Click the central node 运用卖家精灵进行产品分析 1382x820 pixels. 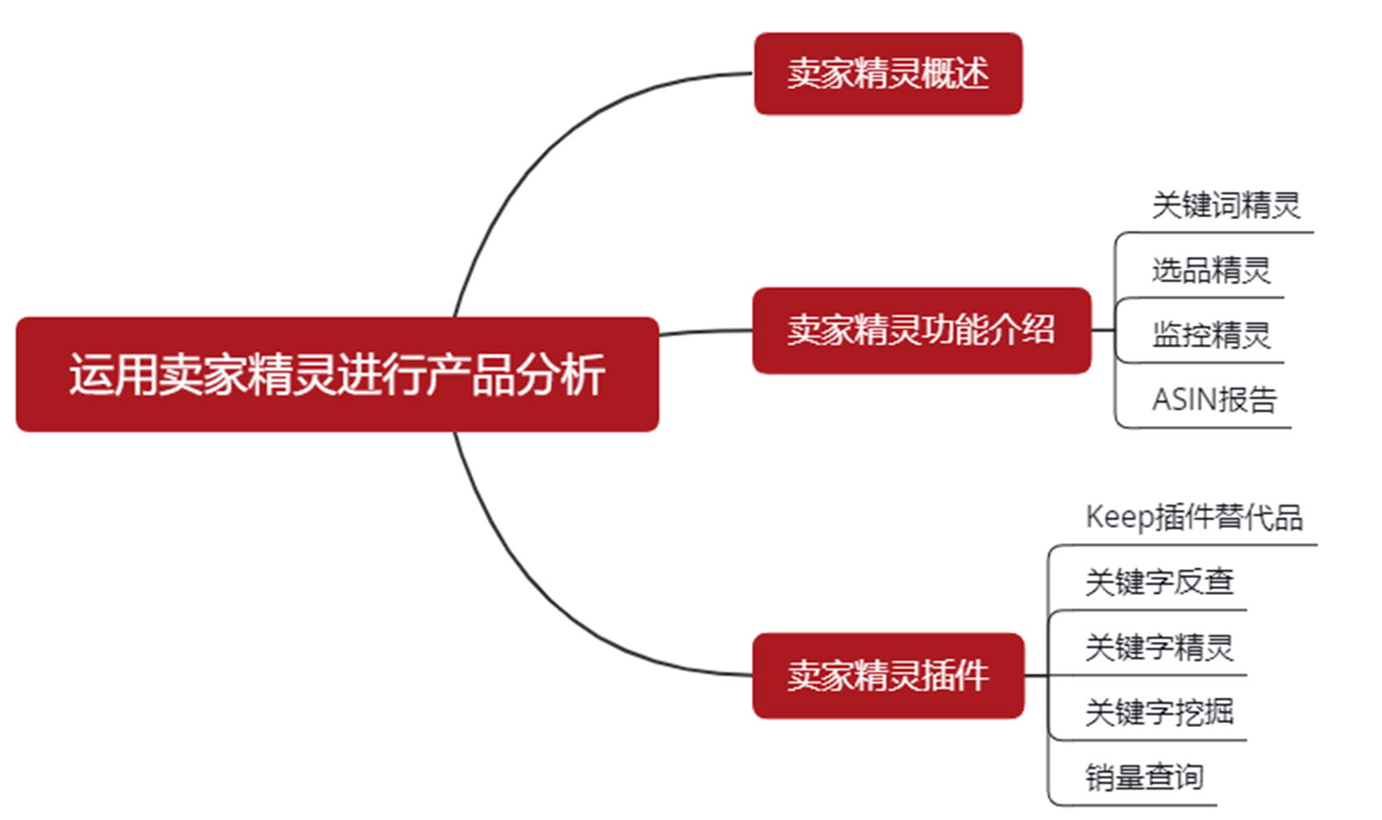337,374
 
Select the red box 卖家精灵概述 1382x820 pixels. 887,74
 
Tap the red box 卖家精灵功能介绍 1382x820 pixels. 921,330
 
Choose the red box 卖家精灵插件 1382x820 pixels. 887,675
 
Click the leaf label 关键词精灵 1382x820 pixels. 1225,205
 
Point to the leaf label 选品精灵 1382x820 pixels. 1210,270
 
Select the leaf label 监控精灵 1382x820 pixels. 1210,335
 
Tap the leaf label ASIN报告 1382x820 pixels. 1214,400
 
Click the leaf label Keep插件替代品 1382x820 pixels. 1194,517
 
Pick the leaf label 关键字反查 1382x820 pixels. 1159,582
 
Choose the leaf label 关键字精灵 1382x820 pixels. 1159,647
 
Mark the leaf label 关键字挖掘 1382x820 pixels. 1159,712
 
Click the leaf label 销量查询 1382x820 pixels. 1144,777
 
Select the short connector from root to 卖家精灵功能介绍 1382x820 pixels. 706,332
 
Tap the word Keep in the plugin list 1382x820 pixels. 1119,517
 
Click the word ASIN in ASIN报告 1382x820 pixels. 1184,400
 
